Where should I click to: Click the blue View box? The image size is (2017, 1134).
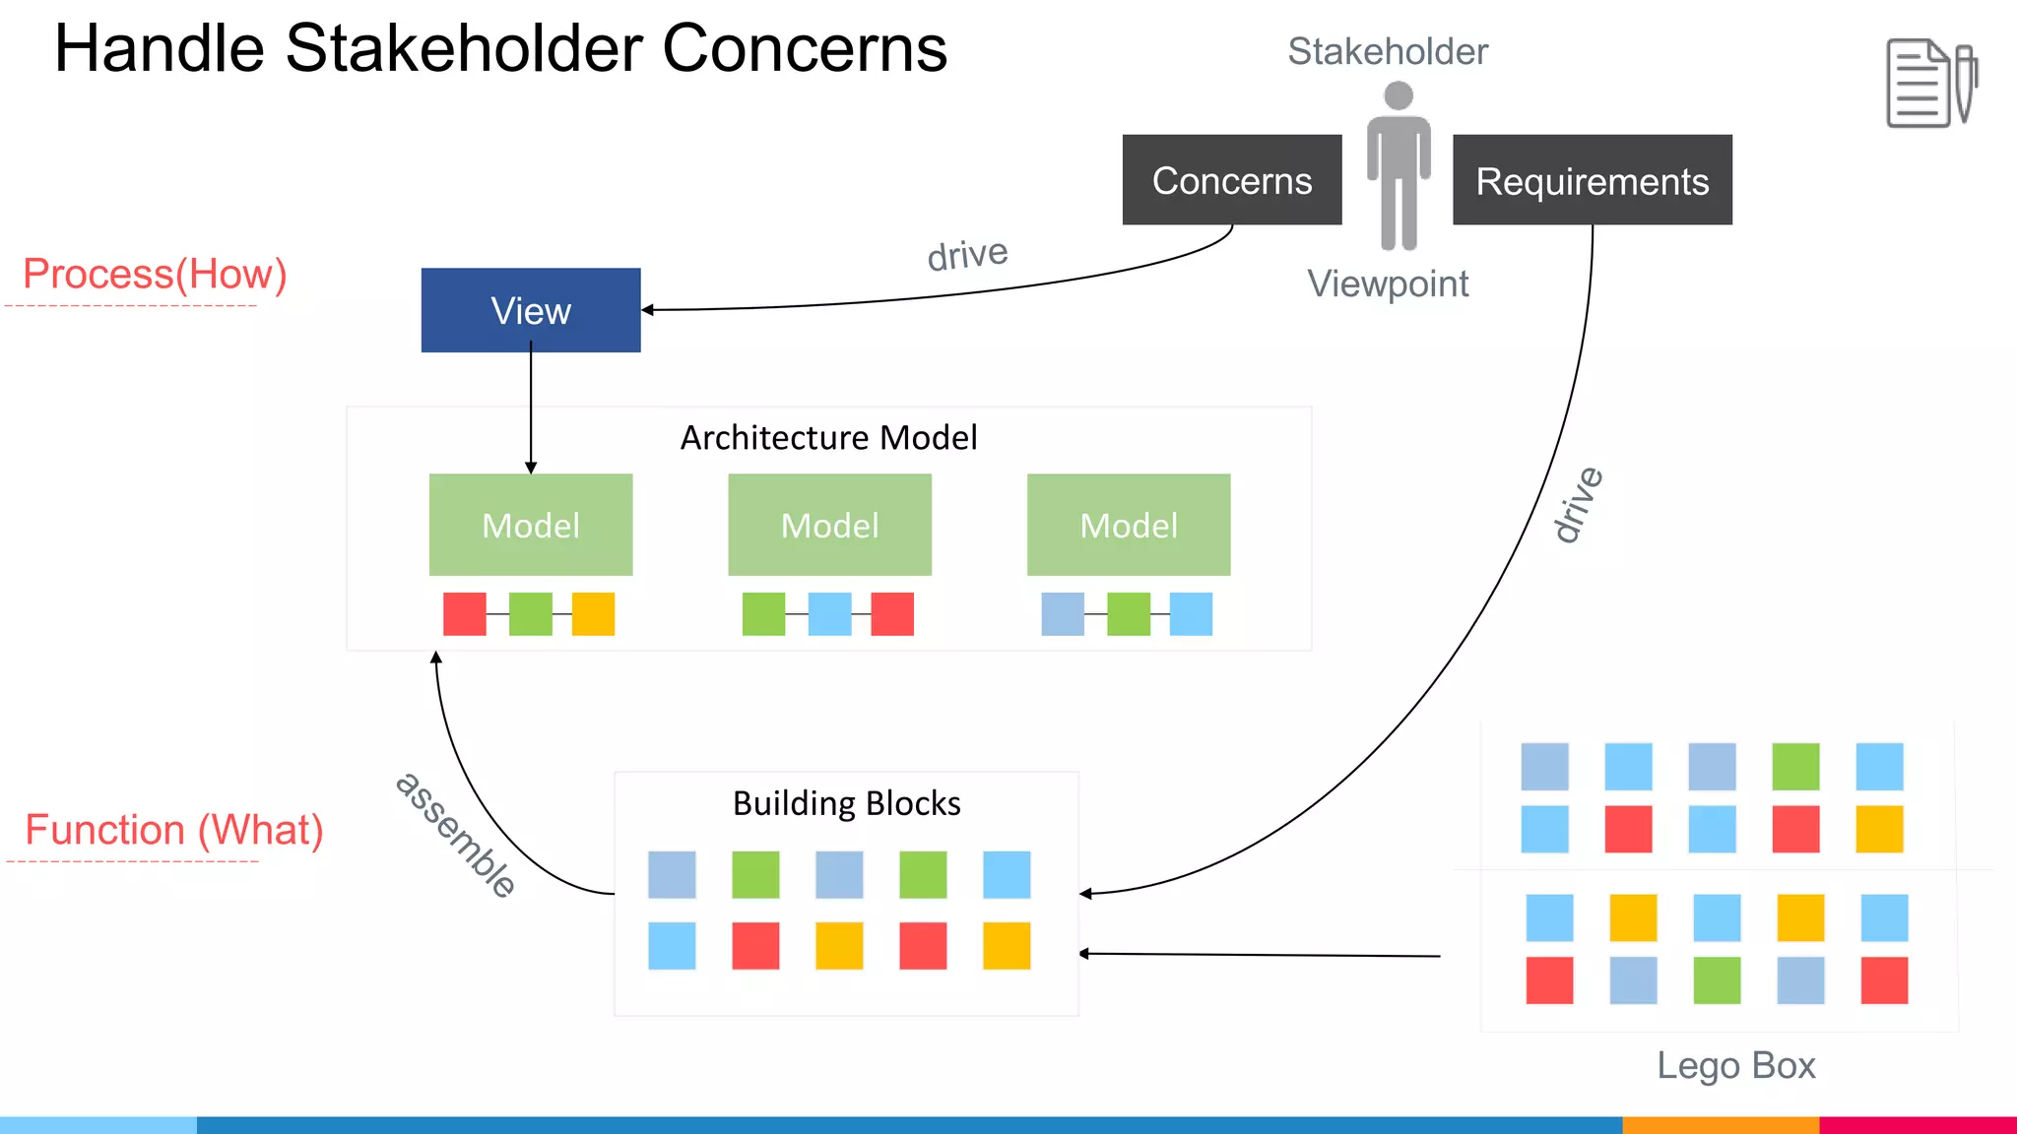tap(531, 310)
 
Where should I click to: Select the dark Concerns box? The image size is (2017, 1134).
tap(1231, 180)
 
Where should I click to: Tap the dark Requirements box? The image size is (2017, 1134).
tap(1592, 180)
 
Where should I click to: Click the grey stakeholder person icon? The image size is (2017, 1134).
tap(1399, 167)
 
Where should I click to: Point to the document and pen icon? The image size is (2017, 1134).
tap(1930, 84)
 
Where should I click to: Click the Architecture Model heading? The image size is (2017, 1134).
tap(828, 437)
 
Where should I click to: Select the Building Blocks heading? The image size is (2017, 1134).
tap(846, 803)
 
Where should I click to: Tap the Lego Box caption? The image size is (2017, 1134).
tap(1735, 1065)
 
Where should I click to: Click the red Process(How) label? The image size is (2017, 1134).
tap(155, 274)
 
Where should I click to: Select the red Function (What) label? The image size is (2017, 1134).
tap(174, 830)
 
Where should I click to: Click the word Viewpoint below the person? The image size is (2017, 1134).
tap(1388, 283)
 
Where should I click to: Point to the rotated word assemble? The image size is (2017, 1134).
tap(455, 835)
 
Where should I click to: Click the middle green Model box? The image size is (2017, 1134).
tap(829, 525)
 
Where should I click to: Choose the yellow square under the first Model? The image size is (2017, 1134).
tap(593, 614)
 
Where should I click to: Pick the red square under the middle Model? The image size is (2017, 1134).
tap(892, 614)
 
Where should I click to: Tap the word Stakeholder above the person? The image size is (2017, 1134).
tap(1388, 51)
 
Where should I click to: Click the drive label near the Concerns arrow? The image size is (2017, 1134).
tap(967, 255)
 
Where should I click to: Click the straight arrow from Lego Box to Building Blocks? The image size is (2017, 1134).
tap(1261, 954)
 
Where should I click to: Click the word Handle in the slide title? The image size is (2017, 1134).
tap(159, 48)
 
